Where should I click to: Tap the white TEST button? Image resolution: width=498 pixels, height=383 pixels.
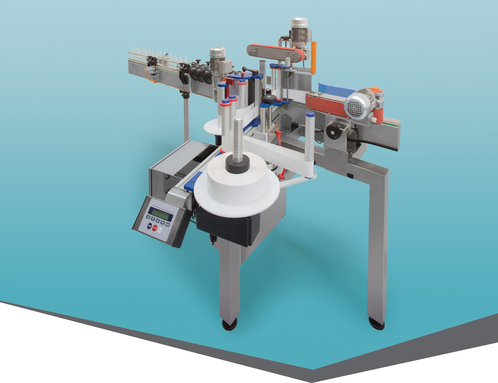tap(160, 230)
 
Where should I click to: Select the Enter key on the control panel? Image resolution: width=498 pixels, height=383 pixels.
tap(168, 224)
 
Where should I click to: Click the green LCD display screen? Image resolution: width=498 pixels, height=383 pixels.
tap(161, 213)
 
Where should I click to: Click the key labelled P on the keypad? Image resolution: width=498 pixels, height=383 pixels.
tap(153, 219)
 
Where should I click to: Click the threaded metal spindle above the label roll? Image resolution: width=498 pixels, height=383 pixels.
tap(238, 137)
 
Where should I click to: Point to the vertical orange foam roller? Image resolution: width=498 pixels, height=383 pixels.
tap(314, 57)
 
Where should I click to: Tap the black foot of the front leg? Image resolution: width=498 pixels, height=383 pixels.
tap(230, 324)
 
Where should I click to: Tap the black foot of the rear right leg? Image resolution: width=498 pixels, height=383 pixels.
tap(376, 323)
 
